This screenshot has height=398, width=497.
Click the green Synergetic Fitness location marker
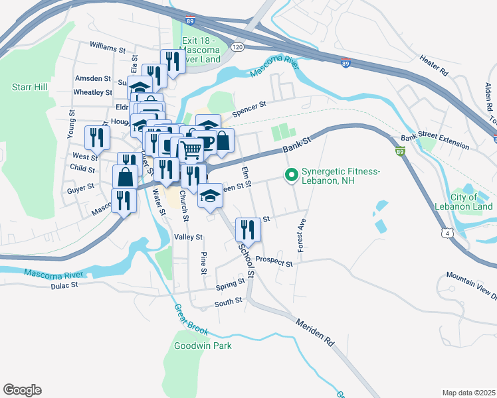pos(290,176)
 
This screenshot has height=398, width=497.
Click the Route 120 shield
pos(237,48)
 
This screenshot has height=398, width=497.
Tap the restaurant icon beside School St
pos(248,229)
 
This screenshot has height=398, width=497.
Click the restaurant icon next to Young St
pos(98,137)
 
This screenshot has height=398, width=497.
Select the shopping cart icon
pos(191,150)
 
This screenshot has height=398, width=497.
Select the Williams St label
pos(108,49)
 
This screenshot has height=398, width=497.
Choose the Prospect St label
pos(274,263)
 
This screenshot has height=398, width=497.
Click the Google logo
pos(22,390)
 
